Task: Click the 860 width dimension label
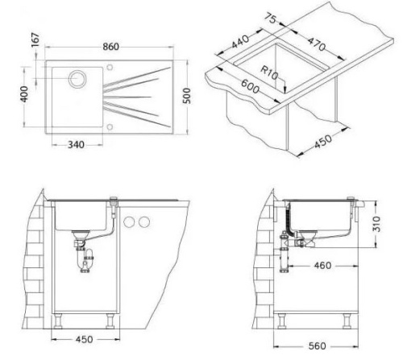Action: tap(110, 47)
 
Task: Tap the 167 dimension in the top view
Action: tap(35, 39)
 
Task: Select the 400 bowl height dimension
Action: tap(24, 94)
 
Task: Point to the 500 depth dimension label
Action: tap(186, 96)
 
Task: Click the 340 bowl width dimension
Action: tap(76, 145)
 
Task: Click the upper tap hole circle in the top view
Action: tap(110, 67)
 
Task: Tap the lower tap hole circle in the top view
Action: tap(110, 127)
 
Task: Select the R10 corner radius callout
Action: tap(269, 73)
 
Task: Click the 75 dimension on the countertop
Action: tap(270, 19)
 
